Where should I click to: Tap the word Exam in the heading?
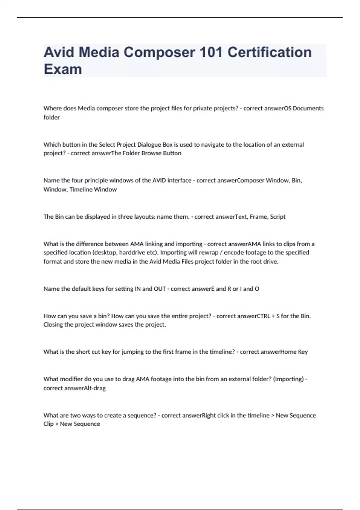pos(63,69)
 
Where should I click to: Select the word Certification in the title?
pos(269,52)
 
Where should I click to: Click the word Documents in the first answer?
pos(308,108)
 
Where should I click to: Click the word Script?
pos(277,217)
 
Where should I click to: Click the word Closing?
pos(53,325)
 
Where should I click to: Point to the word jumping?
pos(133,352)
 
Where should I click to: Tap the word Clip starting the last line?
pos(48,424)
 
